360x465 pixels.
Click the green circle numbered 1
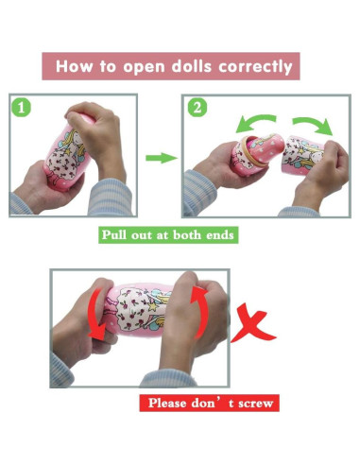click(21, 107)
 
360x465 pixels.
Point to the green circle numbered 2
click(197, 108)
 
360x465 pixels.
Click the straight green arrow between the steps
click(161, 158)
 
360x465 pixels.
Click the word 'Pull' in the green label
click(114, 235)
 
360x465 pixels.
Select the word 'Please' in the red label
click(167, 403)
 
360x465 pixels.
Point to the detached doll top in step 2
click(301, 154)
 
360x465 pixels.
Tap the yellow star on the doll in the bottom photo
click(153, 306)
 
